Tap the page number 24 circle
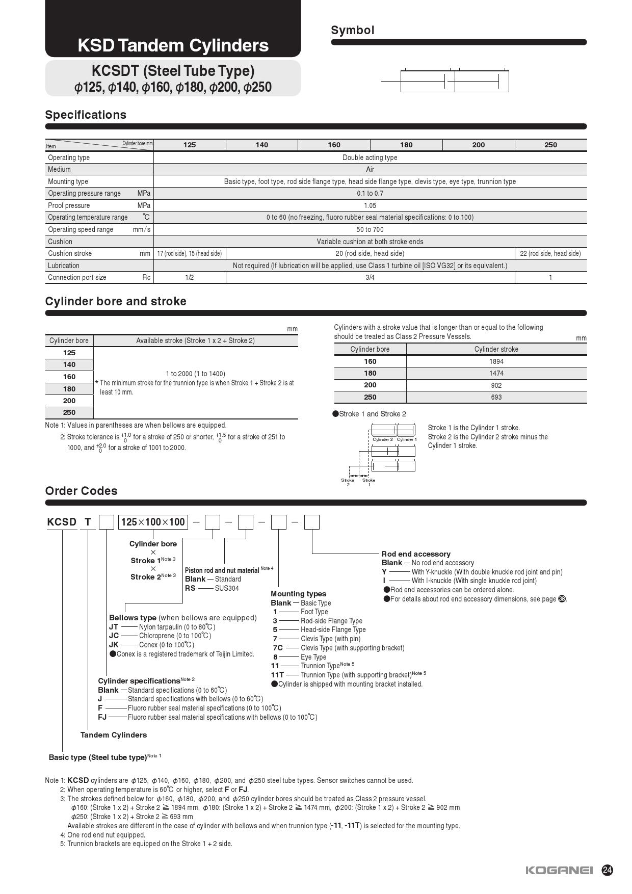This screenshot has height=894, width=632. click(608, 870)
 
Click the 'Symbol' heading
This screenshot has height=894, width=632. click(352, 30)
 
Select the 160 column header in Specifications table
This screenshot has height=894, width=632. click(334, 145)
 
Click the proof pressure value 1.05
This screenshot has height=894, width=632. click(370, 205)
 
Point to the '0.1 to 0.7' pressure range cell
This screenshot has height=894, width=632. click(370, 193)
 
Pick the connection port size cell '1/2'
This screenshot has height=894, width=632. click(189, 277)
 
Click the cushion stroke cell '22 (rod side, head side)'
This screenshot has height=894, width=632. click(550, 253)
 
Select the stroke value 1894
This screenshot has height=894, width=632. click(496, 361)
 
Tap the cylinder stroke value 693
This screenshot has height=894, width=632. click(496, 397)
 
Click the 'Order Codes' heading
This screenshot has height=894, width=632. click(81, 491)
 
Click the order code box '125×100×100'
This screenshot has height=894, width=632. click(153, 522)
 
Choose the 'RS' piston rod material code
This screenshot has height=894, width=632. click(190, 588)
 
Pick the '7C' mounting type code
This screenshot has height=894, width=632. click(277, 648)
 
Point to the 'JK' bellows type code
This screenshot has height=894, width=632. click(114, 645)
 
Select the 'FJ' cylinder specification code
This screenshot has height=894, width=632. click(102, 717)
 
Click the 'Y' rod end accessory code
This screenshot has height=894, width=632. click(384, 572)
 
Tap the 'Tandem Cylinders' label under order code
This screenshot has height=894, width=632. click(114, 735)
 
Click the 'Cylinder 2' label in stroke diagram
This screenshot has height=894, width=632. click(382, 439)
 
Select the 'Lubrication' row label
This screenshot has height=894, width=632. click(64, 266)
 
